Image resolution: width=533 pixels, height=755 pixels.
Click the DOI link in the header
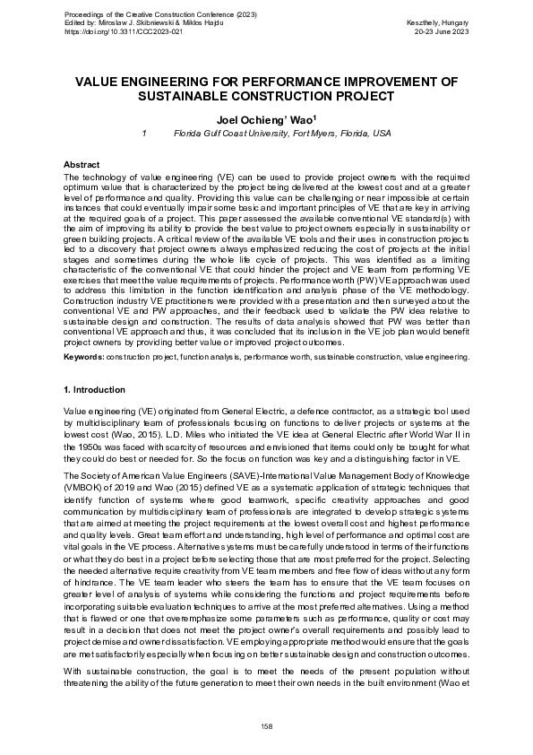point(125,30)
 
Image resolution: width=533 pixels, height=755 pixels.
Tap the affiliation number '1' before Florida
point(145,134)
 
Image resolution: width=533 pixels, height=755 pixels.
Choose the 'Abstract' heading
point(82,165)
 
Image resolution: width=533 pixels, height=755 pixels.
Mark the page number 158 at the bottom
point(266,725)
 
